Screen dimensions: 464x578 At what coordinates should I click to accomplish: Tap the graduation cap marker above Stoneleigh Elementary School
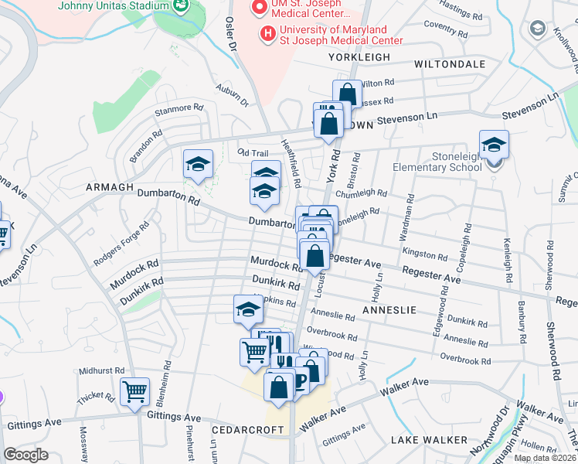click(494, 145)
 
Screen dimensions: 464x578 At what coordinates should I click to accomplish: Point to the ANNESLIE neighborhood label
click(389, 310)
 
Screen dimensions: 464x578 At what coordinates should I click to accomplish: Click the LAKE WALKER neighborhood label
click(429, 440)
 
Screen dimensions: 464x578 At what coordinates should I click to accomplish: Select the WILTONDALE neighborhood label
click(450, 63)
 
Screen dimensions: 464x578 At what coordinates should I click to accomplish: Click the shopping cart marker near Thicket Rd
click(135, 391)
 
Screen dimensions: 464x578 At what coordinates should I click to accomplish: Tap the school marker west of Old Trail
click(199, 165)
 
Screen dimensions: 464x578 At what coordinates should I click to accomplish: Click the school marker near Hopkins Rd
click(248, 309)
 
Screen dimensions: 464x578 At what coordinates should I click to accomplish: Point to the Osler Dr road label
click(230, 33)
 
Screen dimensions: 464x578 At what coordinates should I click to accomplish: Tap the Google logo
click(25, 454)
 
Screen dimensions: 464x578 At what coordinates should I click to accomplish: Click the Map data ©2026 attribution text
click(545, 458)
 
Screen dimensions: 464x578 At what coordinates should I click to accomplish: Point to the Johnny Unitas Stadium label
click(114, 5)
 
